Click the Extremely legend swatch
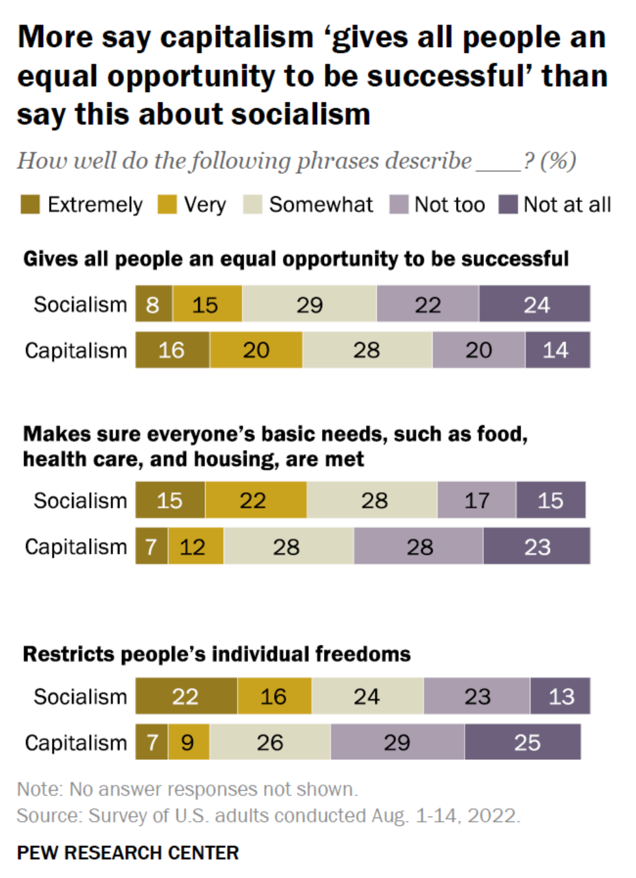(30, 204)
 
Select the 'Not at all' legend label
(567, 205)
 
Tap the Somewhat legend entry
(320, 205)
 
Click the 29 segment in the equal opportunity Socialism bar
(309, 304)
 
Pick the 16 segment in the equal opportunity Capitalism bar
(172, 350)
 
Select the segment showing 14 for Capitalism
(556, 350)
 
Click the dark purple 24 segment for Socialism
(535, 304)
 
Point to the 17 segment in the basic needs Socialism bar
(476, 500)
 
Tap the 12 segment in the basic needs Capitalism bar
(194, 547)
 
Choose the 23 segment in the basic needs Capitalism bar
(536, 547)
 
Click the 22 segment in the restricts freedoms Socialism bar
(186, 696)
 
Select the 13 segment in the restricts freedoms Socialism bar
(560, 696)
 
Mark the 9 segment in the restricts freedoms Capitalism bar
(188, 742)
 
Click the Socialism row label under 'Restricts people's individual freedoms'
(80, 697)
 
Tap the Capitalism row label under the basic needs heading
(76, 547)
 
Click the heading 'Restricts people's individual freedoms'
(217, 654)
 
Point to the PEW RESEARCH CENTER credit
(128, 853)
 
